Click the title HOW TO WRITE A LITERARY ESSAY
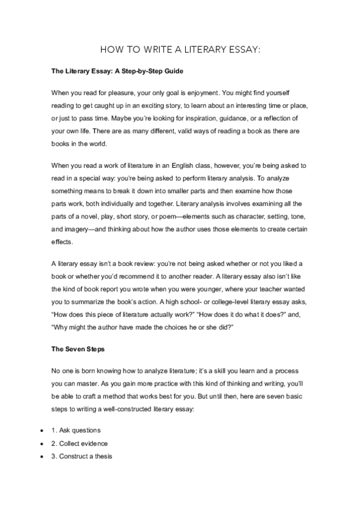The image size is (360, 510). click(180, 50)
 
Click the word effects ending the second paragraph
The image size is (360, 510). click(61, 223)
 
